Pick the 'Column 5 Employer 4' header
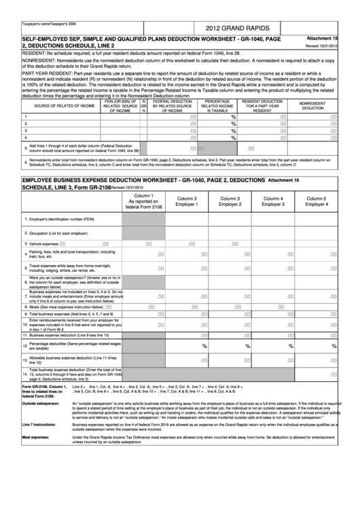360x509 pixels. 316,201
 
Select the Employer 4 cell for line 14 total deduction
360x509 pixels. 316,374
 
